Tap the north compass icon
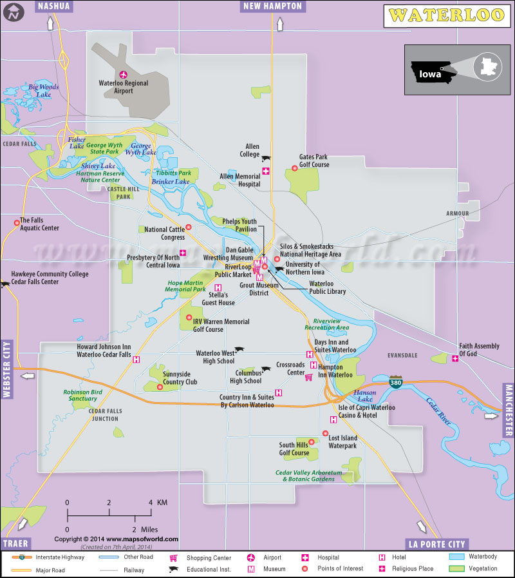point(13,14)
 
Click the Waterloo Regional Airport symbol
point(124,74)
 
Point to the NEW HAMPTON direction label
point(272,6)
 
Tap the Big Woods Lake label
point(43,90)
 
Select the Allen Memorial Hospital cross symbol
point(265,171)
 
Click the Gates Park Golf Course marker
point(295,168)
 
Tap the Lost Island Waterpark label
point(342,441)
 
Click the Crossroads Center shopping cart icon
point(308,377)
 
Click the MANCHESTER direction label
point(509,409)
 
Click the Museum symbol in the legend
point(250,569)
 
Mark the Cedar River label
point(438,412)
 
